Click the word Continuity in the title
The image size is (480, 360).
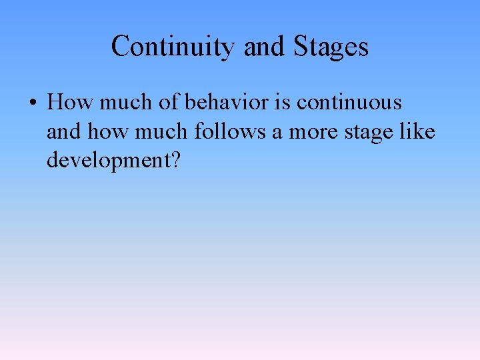[x=173, y=47]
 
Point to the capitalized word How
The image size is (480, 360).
[x=71, y=103]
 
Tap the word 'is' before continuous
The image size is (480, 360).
[x=282, y=103]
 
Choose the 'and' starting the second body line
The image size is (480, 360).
[x=63, y=131]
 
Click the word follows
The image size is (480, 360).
[x=230, y=131]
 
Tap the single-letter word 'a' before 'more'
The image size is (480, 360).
[x=277, y=131]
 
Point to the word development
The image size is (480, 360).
[x=106, y=161]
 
